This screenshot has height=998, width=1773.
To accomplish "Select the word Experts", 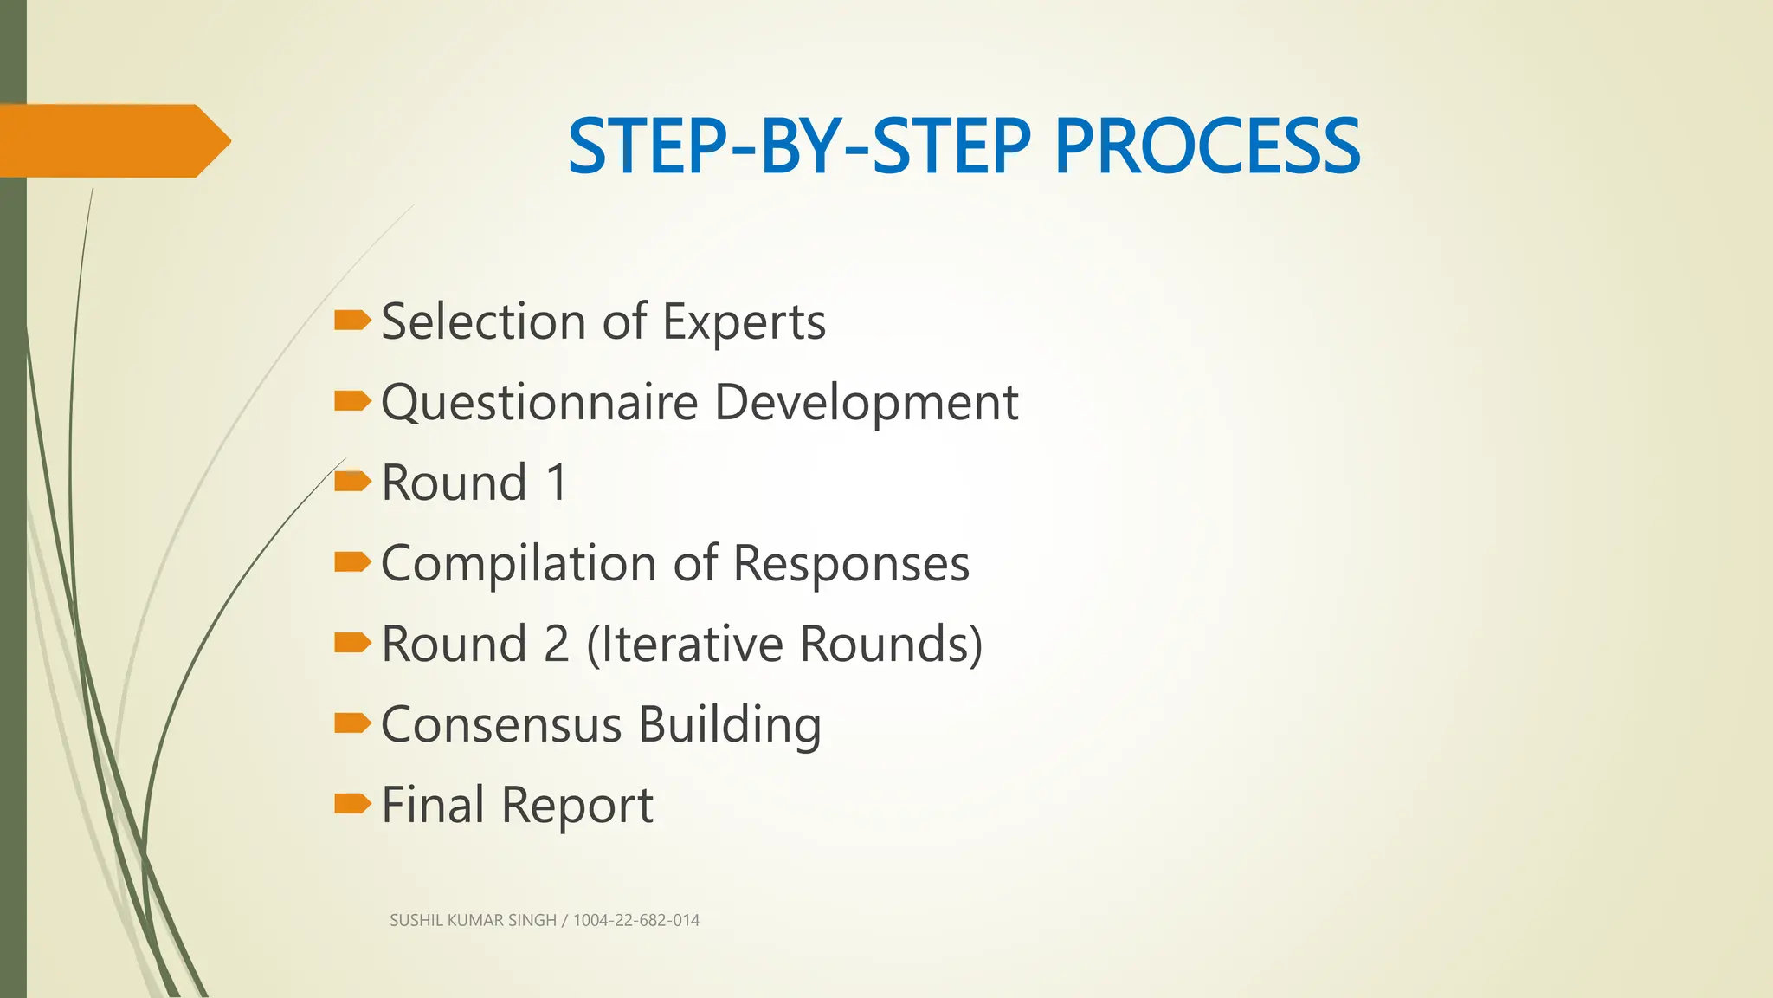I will [744, 322].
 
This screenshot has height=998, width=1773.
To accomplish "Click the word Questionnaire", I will [539, 403].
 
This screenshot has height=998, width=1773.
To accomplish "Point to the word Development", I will [866, 403].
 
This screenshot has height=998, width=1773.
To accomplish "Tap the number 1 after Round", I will [557, 483].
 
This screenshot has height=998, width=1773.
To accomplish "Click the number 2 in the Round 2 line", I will [556, 644].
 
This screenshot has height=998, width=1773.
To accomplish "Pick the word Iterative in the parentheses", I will [688, 644].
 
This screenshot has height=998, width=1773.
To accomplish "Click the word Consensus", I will [501, 724].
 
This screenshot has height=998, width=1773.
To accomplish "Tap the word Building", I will [730, 724].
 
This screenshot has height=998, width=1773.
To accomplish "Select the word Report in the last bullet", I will [577, 805].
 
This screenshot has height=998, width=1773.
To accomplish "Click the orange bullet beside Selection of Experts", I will [351, 321].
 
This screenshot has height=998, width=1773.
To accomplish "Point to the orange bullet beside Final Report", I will [351, 804].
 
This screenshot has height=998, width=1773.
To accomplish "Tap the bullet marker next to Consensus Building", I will [351, 723].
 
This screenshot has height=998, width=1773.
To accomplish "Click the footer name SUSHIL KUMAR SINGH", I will [473, 920].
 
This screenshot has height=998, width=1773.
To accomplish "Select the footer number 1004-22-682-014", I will [636, 920].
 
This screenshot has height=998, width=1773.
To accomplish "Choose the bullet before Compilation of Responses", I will [351, 563].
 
